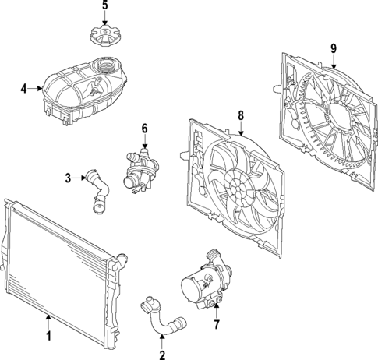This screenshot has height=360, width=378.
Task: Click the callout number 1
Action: pos(48,337)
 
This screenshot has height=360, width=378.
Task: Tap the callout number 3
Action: pos(68,178)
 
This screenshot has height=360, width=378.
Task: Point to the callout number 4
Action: pos(24,89)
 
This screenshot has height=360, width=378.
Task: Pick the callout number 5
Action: pos(105,7)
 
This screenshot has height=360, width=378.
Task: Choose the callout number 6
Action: pos(143,128)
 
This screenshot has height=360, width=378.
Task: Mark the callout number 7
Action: pos(217,323)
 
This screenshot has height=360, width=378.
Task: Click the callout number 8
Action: pos(240,116)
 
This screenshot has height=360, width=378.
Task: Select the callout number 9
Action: pos(333,48)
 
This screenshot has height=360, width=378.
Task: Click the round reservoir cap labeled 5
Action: pos(105,37)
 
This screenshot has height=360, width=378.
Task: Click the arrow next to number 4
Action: pos(35,89)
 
